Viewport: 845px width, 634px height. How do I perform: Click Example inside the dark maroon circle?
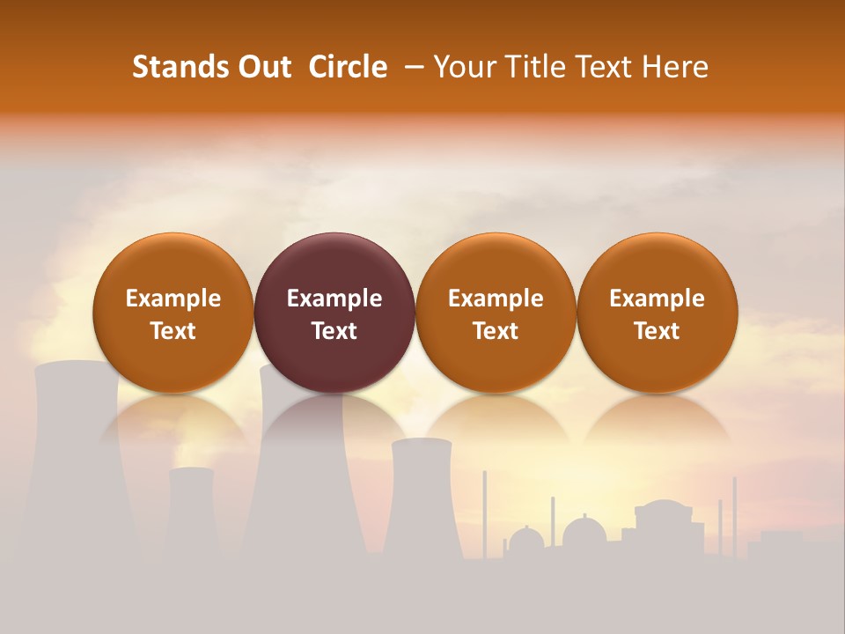coord(334,299)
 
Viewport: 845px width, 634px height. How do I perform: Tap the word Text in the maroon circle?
coord(334,331)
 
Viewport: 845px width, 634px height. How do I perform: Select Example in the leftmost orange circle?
coord(173,299)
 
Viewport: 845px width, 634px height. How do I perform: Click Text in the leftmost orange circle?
coord(173,331)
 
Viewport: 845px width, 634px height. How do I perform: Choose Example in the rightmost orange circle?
coord(658,299)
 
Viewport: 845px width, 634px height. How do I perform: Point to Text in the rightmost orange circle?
coord(658,331)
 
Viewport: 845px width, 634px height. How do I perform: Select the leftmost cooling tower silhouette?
coord(75,458)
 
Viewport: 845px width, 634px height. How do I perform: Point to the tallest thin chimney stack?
coord(484,511)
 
